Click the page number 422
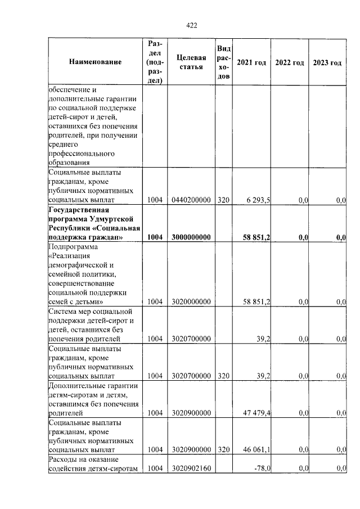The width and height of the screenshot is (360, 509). (x=191, y=25)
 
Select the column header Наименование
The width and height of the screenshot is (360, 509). (x=96, y=62)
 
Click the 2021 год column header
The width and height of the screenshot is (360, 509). (x=251, y=62)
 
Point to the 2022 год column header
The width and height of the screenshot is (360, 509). (x=289, y=62)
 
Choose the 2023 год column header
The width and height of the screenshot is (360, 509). (x=327, y=62)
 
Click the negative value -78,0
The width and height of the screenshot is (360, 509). (x=261, y=469)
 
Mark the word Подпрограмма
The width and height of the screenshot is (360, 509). (x=74, y=246)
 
